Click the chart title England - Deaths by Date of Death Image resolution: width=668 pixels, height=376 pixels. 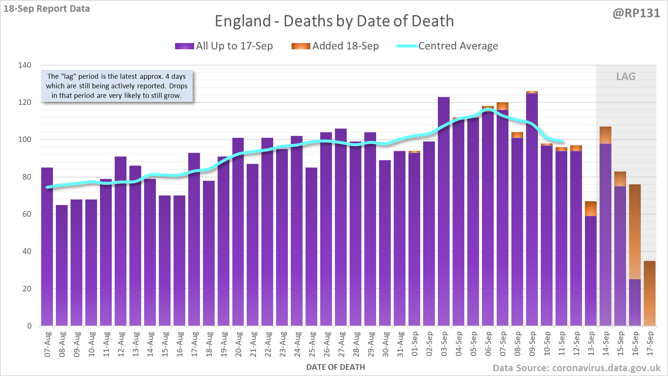tap(334, 21)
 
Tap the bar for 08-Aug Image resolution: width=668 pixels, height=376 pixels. tap(62, 265)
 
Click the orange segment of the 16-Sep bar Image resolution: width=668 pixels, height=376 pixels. tap(635, 232)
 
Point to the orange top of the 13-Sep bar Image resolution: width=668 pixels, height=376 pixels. tap(591, 209)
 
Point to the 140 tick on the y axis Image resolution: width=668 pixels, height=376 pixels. tap(25, 65)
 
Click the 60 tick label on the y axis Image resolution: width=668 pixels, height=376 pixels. tap(27, 214)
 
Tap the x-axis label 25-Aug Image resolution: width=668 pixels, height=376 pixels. tap(312, 344)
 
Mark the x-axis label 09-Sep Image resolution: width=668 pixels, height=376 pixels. tap(532, 344)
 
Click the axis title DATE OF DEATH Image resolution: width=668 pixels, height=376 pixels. tap(336, 367)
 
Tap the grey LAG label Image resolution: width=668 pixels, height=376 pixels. tap(626, 77)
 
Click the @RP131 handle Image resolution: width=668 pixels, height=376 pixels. tap(636, 13)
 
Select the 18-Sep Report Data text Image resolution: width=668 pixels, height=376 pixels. tap(47, 9)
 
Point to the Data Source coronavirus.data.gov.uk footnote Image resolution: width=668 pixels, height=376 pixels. tap(576, 368)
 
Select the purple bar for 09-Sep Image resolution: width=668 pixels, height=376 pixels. tap(532, 210)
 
